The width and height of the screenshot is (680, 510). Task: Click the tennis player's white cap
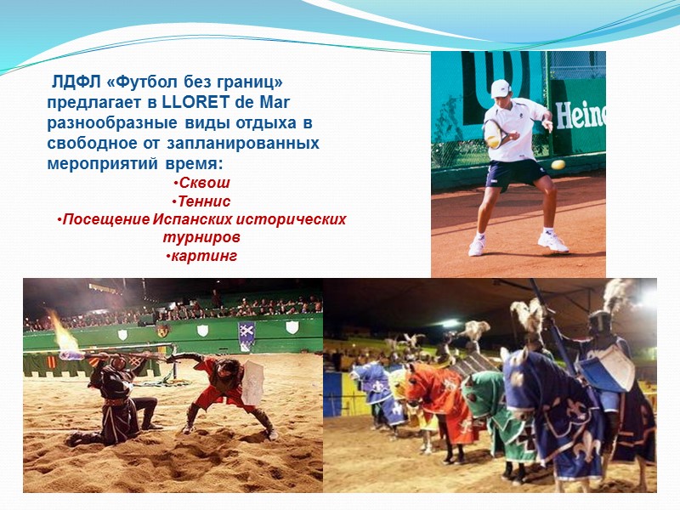(500, 88)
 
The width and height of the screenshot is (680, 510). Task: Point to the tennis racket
(492, 134)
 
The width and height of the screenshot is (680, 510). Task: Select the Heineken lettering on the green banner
(581, 114)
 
